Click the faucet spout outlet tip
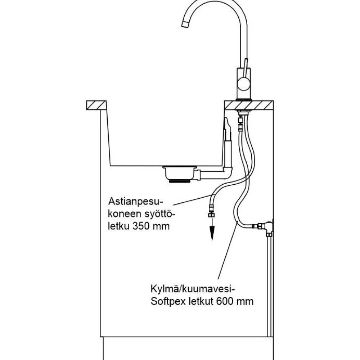point(185,24)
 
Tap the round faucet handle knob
point(243,84)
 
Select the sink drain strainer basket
point(180,174)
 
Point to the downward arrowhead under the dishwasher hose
point(212,233)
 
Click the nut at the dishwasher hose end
point(211,215)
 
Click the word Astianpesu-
point(135,201)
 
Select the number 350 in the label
point(141,226)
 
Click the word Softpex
point(168,301)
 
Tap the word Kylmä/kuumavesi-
point(193,289)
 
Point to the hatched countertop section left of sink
point(96,105)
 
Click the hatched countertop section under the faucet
point(249,105)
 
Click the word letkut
point(201,301)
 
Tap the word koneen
point(125,214)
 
